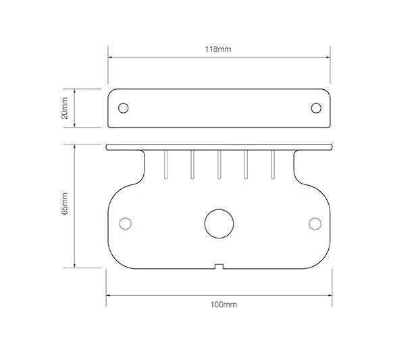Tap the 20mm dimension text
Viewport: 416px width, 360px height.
pos(65,107)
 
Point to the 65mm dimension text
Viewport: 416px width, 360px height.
pos(65,206)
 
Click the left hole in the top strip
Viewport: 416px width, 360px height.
pos(124,107)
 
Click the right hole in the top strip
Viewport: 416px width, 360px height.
pos(315,107)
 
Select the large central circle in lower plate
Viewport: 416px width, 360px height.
pos(219,223)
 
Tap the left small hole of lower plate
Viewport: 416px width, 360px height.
pos(124,224)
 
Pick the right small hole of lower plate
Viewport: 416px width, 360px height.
pos(314,224)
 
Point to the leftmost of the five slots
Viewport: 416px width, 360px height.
pos(166,165)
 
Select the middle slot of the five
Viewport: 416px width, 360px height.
pos(219,165)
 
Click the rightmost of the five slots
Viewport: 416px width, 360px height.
pos(272,165)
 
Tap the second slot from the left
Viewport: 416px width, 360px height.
pos(192,165)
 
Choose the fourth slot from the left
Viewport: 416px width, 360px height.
pos(246,165)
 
